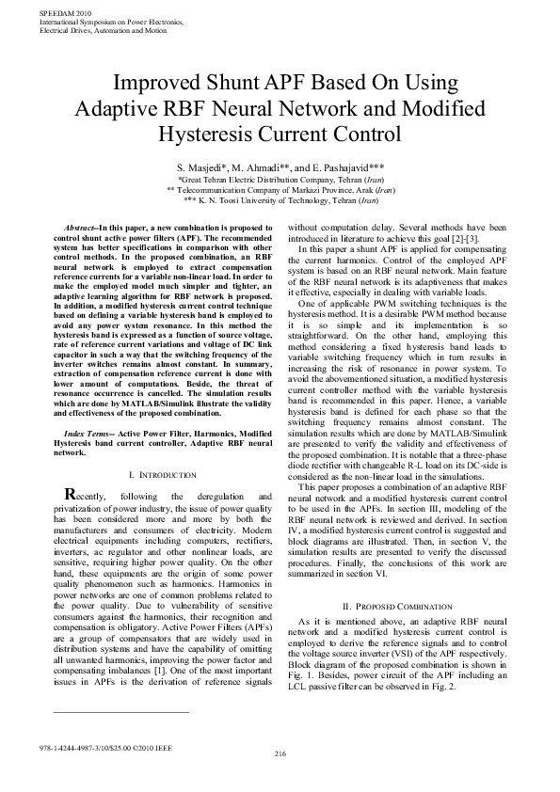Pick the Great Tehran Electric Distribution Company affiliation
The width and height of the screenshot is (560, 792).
click(x=280, y=178)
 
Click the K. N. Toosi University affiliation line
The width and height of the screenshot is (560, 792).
click(x=280, y=200)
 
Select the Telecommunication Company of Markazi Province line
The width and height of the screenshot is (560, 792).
click(x=280, y=189)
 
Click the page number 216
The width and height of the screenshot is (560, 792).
click(x=280, y=754)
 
